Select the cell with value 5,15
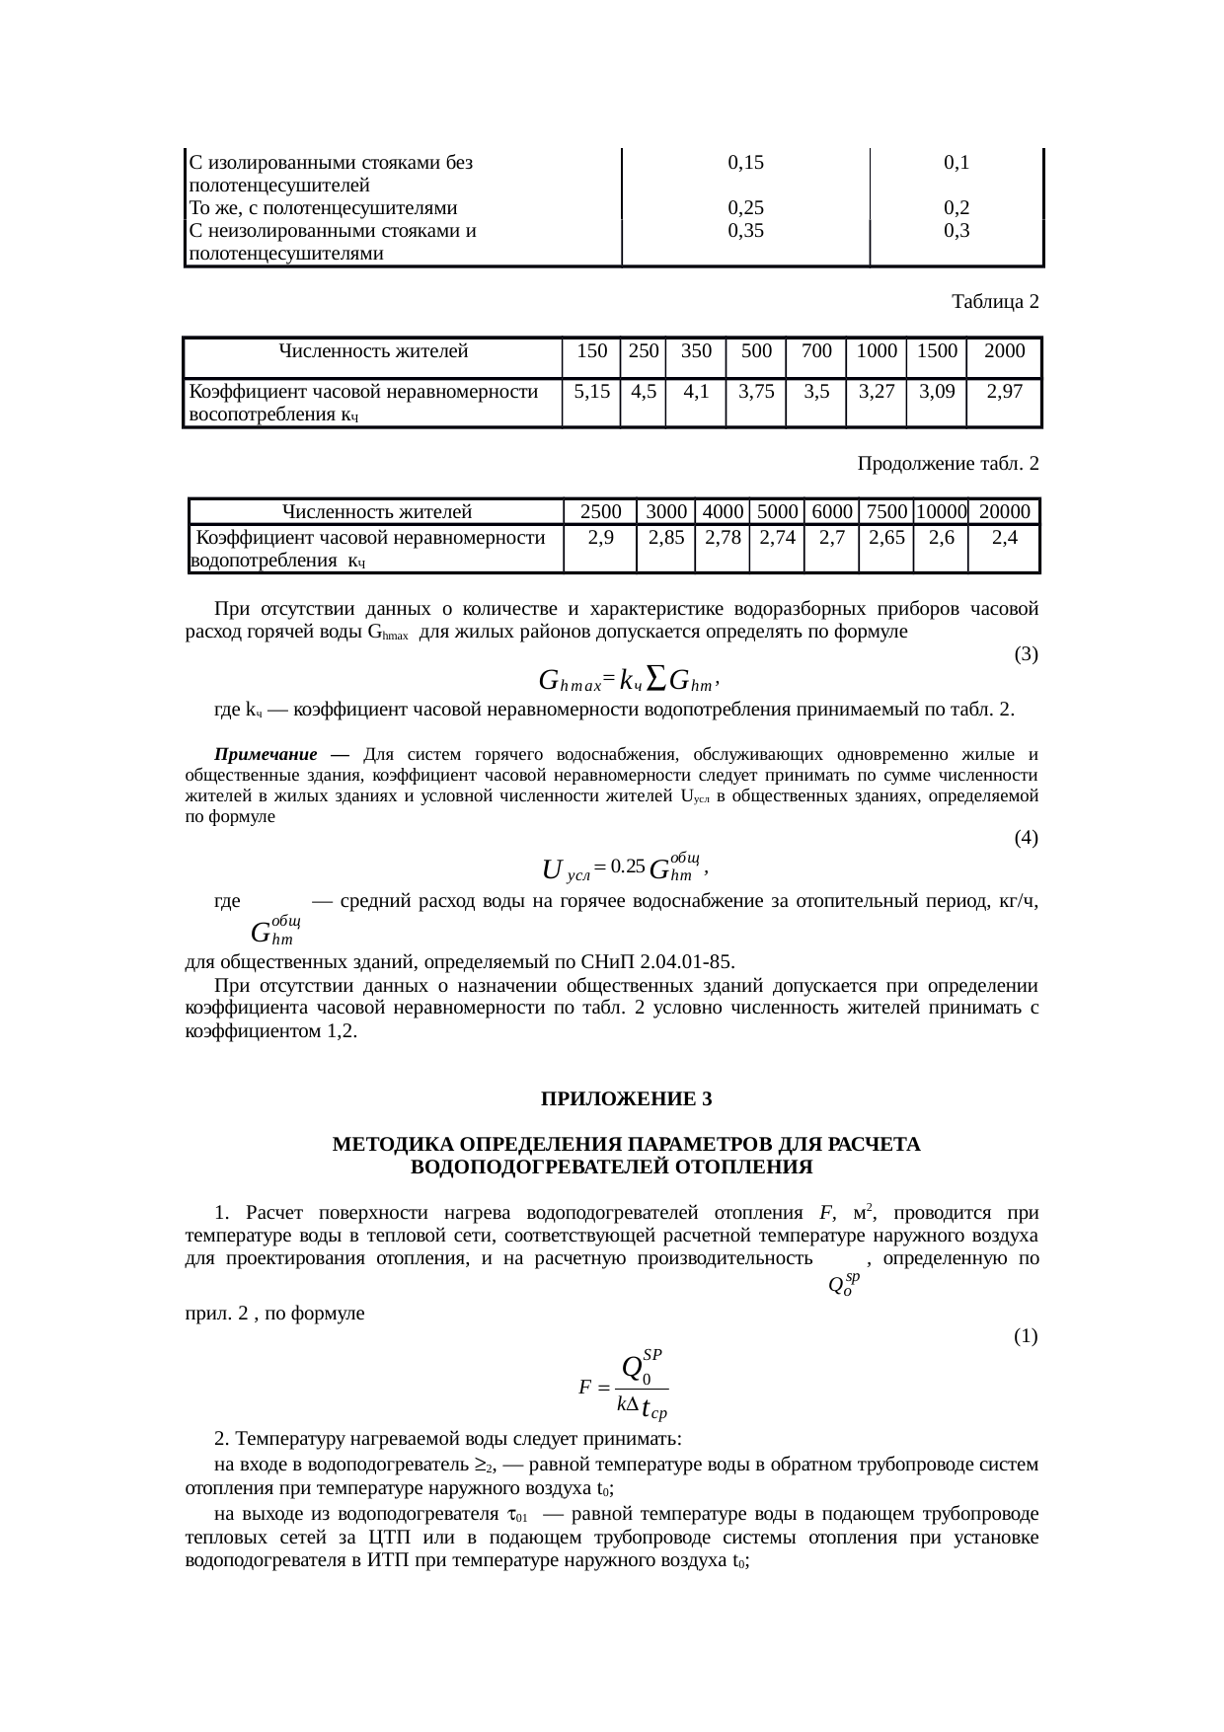tap(590, 391)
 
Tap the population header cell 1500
tap(936, 350)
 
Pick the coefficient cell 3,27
tap(876, 391)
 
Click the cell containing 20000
tap(1005, 511)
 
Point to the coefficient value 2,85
tap(666, 538)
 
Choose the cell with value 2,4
tap(1005, 538)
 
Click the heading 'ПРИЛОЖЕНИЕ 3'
tap(626, 1099)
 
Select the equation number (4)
tap(1026, 838)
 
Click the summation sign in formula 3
tap(657, 679)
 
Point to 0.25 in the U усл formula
tap(628, 866)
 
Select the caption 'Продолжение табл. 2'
tap(947, 463)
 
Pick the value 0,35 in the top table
tap(745, 231)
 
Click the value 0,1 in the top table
tap(955, 163)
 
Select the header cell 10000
tap(940, 511)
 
